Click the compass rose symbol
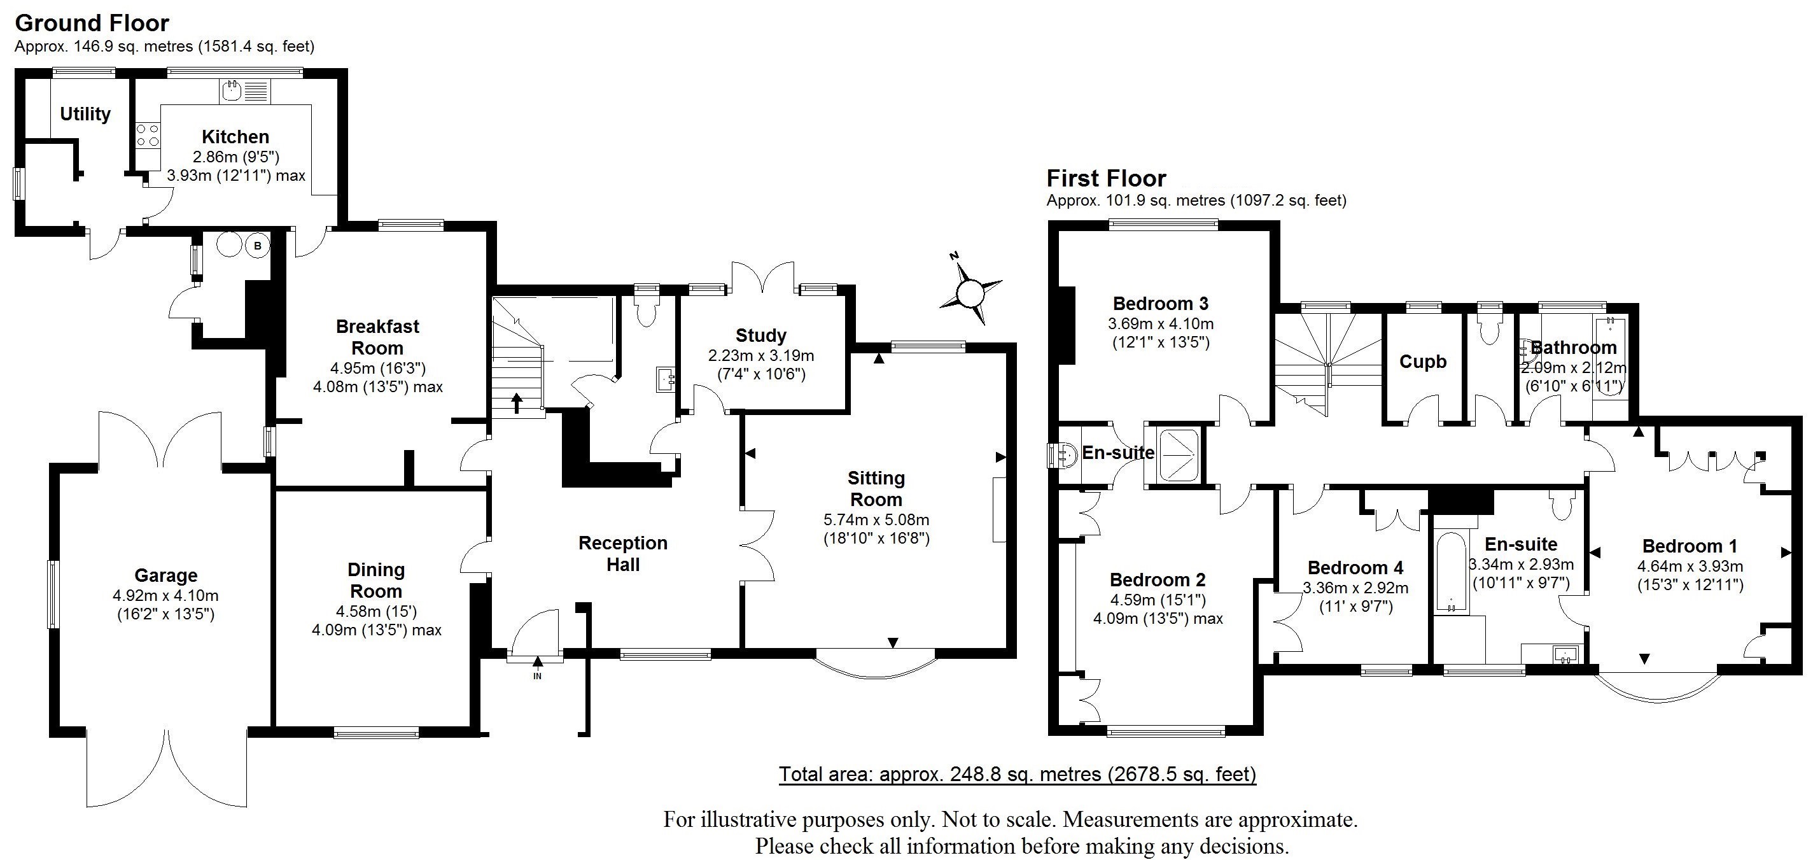tap(970, 290)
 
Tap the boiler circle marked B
tap(258, 246)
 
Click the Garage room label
tap(166, 576)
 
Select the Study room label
tap(760, 335)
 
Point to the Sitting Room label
tap(876, 489)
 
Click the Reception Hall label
tap(622, 553)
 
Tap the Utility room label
tap(85, 115)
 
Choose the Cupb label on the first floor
tap(1423, 362)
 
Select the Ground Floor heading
tap(92, 24)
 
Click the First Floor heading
tap(1106, 178)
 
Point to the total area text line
tap(1018, 775)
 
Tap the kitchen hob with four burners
tap(148, 135)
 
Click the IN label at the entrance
tap(537, 676)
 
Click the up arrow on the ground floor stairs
tap(517, 403)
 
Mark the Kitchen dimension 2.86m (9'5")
tap(236, 157)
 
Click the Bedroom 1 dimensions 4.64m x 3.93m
tap(1690, 566)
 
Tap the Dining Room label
tap(376, 580)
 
